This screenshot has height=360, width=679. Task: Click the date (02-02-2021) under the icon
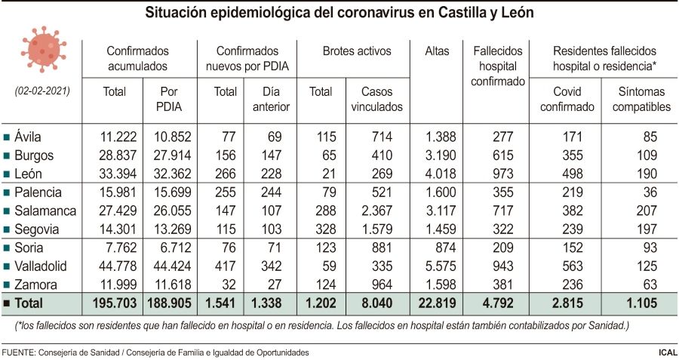(43, 91)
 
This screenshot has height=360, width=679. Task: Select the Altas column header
(437, 51)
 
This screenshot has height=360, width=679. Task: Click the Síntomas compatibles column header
(641, 99)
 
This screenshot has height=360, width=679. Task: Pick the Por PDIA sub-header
(170, 99)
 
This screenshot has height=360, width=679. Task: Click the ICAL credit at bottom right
(666, 352)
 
